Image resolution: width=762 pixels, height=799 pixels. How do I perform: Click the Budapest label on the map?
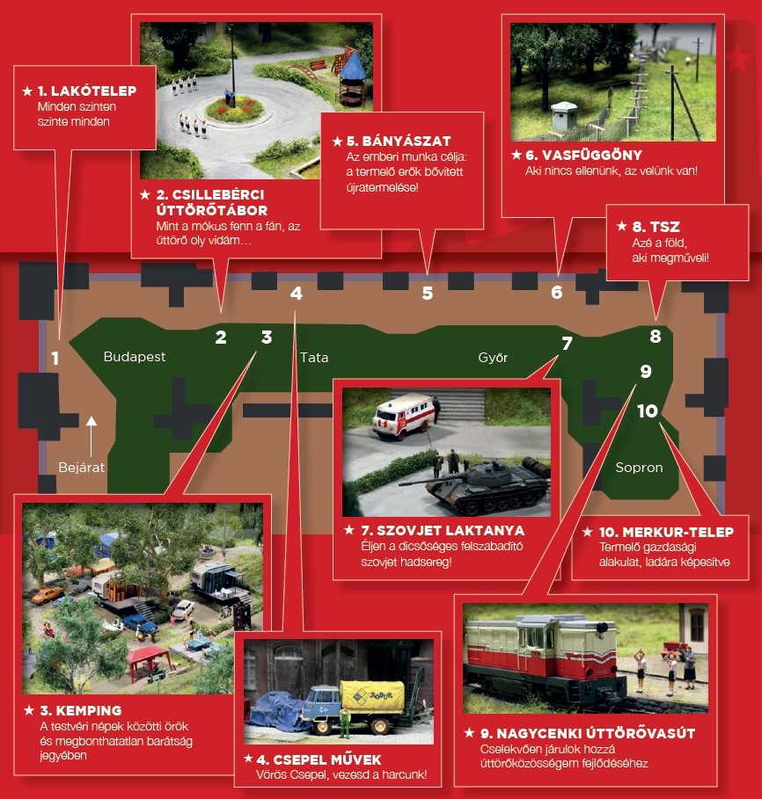tap(135, 357)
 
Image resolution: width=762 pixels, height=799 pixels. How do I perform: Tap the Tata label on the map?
tap(314, 358)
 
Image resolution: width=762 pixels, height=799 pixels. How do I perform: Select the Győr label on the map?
tap(493, 357)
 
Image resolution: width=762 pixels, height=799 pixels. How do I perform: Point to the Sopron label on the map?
tap(639, 468)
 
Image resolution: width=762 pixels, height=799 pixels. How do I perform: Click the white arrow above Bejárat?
tap(92, 437)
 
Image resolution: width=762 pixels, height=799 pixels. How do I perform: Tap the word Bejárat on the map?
tap(82, 468)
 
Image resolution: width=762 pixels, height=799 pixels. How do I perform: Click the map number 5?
tap(428, 293)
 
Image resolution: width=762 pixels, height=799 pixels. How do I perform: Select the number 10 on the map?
tap(648, 410)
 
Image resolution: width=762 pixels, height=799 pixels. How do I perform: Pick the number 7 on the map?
tap(567, 344)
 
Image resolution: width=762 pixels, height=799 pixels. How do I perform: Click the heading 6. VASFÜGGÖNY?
tap(583, 155)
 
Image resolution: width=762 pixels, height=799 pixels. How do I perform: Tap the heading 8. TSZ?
tap(656, 226)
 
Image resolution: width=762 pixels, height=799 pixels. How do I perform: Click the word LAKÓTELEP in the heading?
tap(94, 91)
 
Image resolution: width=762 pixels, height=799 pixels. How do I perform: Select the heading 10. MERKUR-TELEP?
tap(666, 533)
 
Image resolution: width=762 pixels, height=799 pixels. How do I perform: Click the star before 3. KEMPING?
tap(29, 710)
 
